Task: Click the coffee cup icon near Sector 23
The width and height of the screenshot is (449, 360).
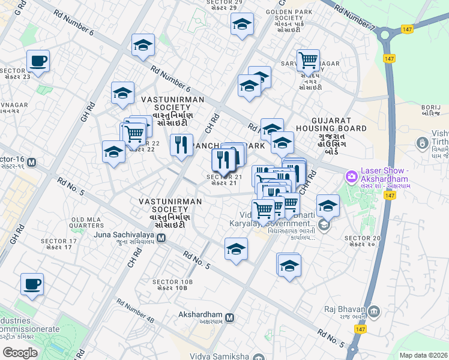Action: (x=38, y=61)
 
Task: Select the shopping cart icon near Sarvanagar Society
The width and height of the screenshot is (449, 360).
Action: (x=308, y=60)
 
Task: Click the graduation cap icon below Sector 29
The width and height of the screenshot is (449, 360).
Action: (x=242, y=25)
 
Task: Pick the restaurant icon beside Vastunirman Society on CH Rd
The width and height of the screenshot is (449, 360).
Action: (x=181, y=145)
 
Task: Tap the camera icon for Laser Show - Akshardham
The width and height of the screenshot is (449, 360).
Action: (x=351, y=177)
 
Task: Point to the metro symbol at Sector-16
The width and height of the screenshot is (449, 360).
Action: (x=31, y=163)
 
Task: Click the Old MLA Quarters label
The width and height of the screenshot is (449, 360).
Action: (x=87, y=223)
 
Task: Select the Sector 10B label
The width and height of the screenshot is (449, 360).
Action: (x=173, y=284)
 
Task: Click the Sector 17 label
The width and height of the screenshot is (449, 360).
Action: (x=59, y=244)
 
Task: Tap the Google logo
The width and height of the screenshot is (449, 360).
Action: (x=20, y=352)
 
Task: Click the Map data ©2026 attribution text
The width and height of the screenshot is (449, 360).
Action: (x=423, y=355)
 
